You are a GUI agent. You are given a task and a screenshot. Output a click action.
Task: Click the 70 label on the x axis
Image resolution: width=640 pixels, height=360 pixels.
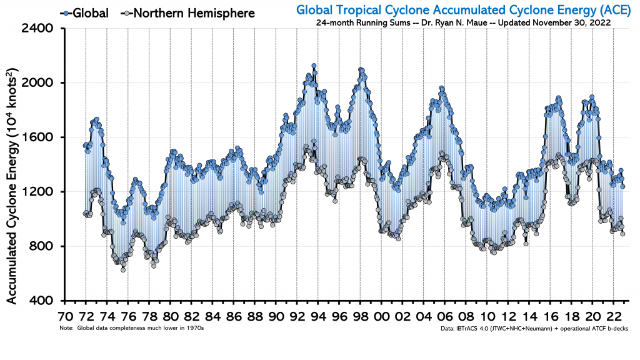pyautogui.click(x=64, y=316)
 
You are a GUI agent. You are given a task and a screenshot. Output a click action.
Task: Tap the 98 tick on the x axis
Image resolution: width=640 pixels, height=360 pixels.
pyautogui.click(x=361, y=316)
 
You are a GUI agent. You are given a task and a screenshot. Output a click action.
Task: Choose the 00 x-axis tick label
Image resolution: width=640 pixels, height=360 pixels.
pyautogui.click(x=382, y=316)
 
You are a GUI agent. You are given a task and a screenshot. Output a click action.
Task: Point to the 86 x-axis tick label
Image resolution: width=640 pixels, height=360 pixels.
pyautogui.click(x=234, y=316)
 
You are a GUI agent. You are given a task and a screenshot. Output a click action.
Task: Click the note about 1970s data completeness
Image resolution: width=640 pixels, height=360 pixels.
pyautogui.click(x=132, y=327)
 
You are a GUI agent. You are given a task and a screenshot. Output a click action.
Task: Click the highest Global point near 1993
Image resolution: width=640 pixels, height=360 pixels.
pyautogui.click(x=314, y=66)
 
